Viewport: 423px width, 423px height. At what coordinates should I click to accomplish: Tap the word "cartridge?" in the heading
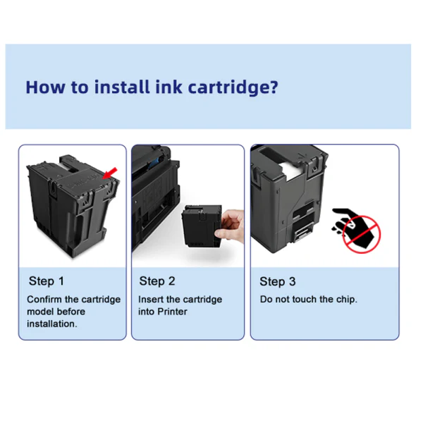[233, 88]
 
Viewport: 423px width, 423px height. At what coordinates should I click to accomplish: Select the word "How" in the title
[45, 87]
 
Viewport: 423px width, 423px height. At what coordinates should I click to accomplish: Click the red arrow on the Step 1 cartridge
[110, 173]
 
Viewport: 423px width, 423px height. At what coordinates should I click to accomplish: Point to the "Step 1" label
[47, 281]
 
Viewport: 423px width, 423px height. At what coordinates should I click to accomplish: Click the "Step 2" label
[157, 281]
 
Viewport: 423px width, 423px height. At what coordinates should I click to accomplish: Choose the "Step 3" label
[278, 281]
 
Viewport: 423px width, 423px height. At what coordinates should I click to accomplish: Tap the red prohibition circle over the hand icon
[362, 234]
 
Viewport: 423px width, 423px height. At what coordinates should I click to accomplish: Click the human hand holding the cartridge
[230, 225]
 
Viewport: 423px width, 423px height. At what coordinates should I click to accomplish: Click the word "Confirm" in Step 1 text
[44, 299]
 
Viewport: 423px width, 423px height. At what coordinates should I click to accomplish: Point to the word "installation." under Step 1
[52, 324]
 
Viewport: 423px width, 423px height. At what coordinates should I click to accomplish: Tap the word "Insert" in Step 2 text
[151, 299]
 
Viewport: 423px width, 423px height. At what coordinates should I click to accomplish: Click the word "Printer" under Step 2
[172, 312]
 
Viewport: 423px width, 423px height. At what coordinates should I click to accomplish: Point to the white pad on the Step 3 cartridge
[292, 170]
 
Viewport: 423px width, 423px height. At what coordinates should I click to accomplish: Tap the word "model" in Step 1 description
[40, 312]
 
